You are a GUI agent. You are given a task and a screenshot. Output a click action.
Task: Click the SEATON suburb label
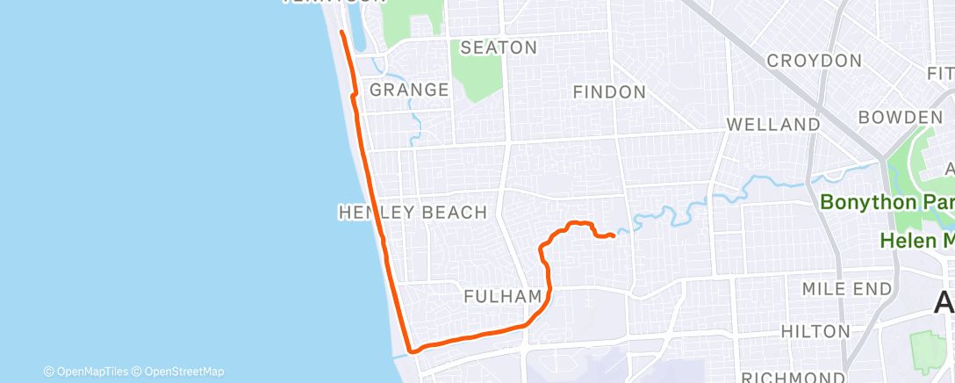coord(498,47)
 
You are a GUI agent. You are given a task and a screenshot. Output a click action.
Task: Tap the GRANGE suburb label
coord(409,90)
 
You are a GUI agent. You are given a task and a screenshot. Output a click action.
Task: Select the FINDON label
coord(608,91)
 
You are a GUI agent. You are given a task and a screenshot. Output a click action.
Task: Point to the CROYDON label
coord(814,61)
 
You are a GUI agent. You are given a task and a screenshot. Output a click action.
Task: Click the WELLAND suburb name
coord(772,125)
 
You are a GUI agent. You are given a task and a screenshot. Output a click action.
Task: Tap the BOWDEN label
coord(900,118)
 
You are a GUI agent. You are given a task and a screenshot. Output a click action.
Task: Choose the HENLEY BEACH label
coord(413,212)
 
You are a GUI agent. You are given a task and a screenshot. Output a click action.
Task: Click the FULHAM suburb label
coord(502,297)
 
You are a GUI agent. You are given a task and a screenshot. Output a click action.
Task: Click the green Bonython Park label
coord(887,202)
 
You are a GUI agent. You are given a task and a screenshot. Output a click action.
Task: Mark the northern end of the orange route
coord(341,33)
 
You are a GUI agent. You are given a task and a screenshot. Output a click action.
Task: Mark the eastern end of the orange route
coord(613,235)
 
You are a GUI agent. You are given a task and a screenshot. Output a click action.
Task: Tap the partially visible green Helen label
coord(918,240)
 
